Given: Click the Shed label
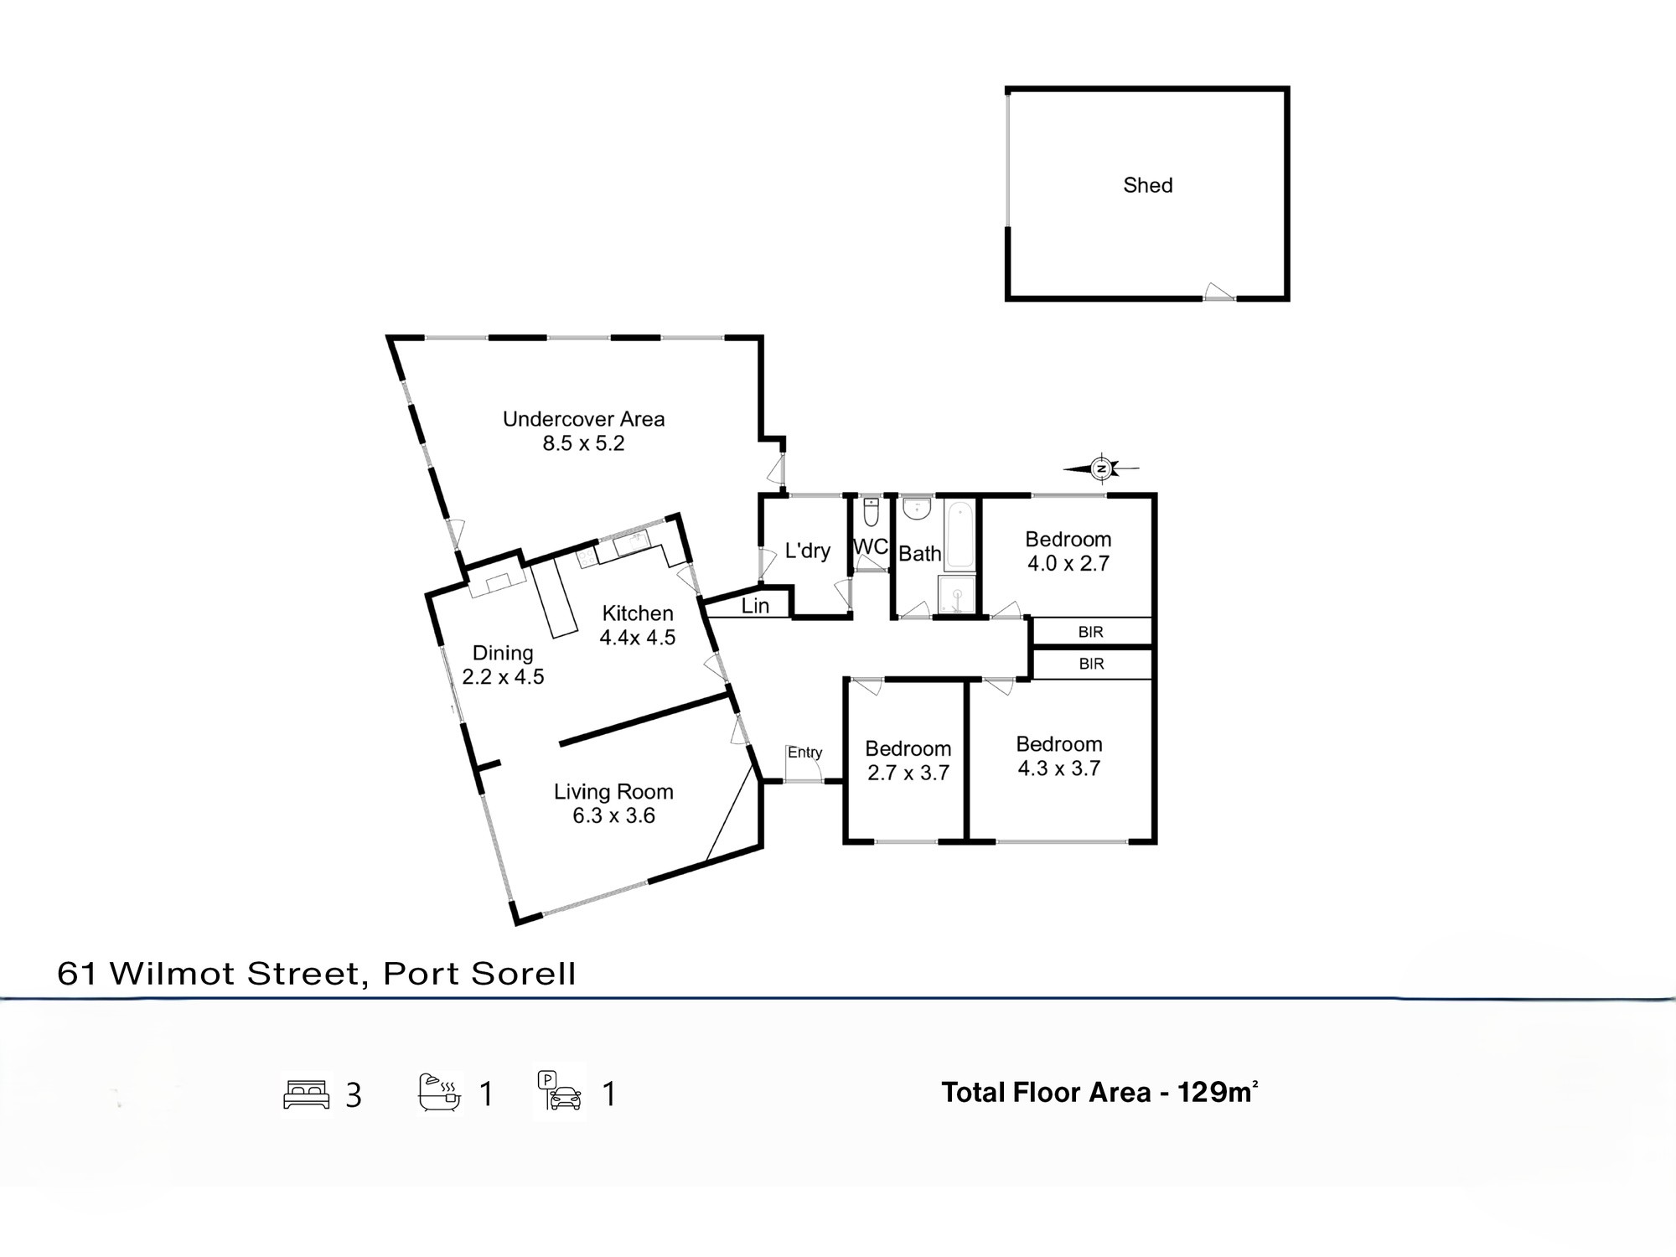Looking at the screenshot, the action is (x=1147, y=185).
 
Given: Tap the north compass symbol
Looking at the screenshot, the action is (x=1102, y=468).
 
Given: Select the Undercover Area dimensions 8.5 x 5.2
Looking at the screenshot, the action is (x=583, y=443).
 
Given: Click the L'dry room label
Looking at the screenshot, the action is (x=807, y=551).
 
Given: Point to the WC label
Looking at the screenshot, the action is (x=871, y=546).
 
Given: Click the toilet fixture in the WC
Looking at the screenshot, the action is (x=871, y=510).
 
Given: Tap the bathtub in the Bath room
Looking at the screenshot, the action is (x=960, y=535).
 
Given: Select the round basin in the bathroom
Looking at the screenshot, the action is (x=917, y=508).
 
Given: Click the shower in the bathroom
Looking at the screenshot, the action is (x=957, y=596).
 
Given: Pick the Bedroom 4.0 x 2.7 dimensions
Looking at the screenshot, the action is (x=1068, y=563).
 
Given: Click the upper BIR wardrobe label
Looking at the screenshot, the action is (x=1091, y=633).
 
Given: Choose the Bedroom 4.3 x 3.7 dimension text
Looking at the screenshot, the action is (x=1059, y=768).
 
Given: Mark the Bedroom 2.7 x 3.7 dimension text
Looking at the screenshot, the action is (x=908, y=773).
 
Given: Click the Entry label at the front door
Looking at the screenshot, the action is (x=804, y=753).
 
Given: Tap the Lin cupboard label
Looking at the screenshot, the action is (x=755, y=606).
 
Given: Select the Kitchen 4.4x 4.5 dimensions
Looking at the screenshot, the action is (x=638, y=638).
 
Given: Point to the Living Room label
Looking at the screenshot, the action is (x=613, y=792).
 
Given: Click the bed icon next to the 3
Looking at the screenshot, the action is (x=307, y=1094).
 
